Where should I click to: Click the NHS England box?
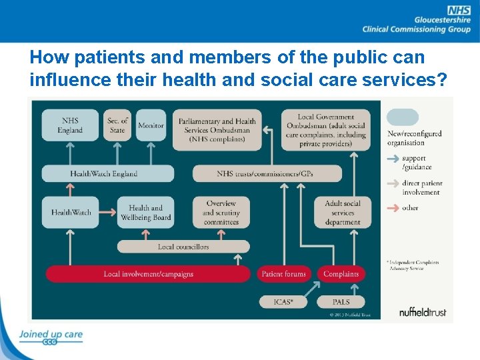tap(70, 125)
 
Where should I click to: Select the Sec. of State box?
tap(117, 125)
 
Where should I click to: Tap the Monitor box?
tap(151, 125)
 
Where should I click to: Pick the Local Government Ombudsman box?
tap(326, 130)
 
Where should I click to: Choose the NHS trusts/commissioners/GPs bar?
tap(267, 174)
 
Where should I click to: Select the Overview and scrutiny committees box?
tap(221, 213)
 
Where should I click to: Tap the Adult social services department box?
tap(342, 213)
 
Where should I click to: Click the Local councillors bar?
tap(183, 247)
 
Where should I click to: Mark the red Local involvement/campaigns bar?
tap(149, 274)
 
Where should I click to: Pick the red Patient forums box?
tap(284, 274)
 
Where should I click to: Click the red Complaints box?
tap(341, 274)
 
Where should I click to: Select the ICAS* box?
tap(283, 302)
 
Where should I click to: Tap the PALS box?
tap(341, 302)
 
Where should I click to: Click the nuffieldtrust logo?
tap(423, 311)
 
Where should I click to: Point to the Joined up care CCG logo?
tap(50, 337)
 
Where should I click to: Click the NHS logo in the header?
tap(459, 10)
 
